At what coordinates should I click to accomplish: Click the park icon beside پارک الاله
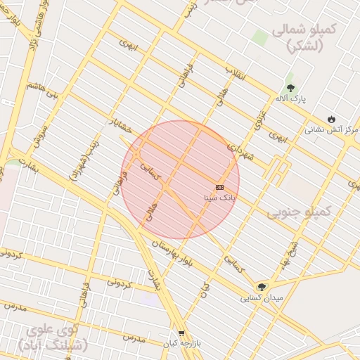[x=290, y=88]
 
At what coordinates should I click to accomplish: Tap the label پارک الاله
[x=290, y=100]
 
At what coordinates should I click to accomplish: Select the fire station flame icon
[x=331, y=118]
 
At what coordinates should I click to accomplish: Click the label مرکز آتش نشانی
[x=332, y=130]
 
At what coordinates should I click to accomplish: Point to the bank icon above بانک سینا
[x=220, y=187]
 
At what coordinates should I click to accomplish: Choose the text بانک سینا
[x=220, y=199]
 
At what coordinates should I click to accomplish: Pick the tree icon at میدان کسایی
[x=262, y=286]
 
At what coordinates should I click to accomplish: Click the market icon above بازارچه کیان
[x=181, y=333]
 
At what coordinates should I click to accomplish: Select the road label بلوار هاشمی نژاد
[x=30, y=21]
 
